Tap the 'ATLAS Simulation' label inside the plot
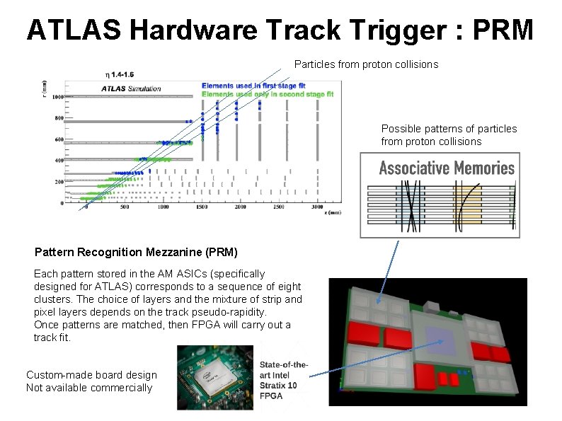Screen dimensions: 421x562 click(132, 89)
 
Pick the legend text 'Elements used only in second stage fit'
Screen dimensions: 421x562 click(267, 94)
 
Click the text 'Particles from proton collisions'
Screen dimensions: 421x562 click(366, 64)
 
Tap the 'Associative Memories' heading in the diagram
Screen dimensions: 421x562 click(446, 168)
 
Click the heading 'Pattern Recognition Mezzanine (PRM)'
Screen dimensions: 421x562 click(136, 252)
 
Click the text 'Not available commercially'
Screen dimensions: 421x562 click(89, 387)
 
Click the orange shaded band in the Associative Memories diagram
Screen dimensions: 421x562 click(468, 206)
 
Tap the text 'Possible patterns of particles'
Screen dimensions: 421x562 click(449, 129)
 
